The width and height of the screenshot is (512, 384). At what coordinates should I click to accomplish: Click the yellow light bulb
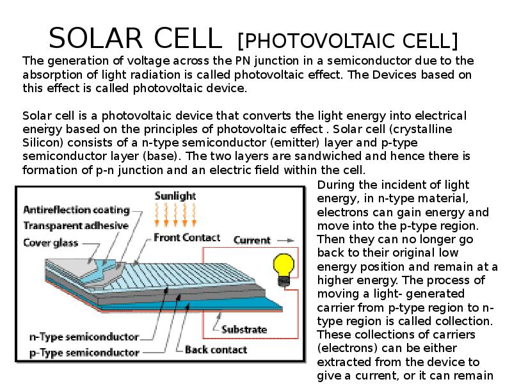click(284, 269)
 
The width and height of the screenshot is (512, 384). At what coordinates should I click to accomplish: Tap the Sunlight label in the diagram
click(175, 196)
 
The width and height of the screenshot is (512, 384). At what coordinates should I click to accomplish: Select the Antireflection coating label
click(77, 210)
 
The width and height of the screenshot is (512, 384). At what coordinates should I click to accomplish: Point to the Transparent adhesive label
click(76, 226)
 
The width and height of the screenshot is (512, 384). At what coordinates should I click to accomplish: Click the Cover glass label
click(51, 243)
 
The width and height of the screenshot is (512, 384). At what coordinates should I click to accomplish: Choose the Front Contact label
click(187, 237)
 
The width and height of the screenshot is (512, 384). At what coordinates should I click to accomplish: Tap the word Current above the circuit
click(252, 241)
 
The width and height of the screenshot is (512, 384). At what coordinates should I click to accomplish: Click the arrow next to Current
click(285, 241)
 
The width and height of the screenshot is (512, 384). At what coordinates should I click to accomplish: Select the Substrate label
click(244, 330)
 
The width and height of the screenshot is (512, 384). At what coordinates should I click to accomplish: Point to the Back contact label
click(216, 349)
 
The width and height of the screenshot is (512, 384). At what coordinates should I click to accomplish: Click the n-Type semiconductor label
click(84, 337)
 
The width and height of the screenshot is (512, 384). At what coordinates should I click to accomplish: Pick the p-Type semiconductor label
click(84, 353)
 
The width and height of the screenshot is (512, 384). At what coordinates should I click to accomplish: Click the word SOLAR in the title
click(95, 38)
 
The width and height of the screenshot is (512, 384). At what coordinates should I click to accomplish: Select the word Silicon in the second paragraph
click(42, 143)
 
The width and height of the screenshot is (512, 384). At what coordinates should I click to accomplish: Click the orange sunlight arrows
click(175, 215)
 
